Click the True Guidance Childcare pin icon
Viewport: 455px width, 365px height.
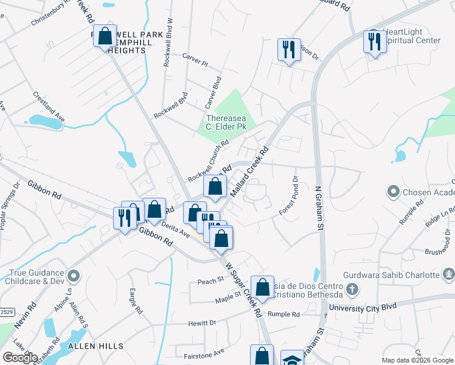click(74, 277)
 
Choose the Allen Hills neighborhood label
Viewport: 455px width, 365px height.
click(96, 346)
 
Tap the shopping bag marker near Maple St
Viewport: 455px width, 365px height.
click(262, 288)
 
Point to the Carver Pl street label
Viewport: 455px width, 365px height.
click(195, 59)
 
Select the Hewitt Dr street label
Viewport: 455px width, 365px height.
click(202, 324)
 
